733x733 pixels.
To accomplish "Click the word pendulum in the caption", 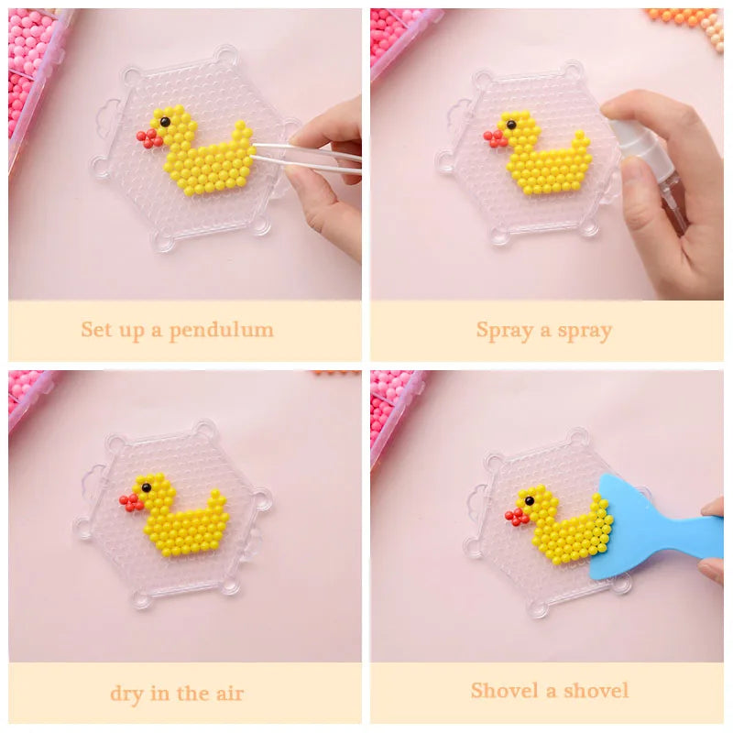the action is [x=221, y=331].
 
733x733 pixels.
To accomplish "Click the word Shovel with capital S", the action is [x=504, y=691].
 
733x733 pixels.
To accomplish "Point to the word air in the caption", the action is [x=230, y=694].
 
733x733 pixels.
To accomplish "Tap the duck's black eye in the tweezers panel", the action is [x=165, y=123].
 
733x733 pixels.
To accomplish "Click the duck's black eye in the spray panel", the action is [x=511, y=125].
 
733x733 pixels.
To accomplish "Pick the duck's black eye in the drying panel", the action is [x=147, y=487].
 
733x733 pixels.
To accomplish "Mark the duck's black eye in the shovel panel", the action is [x=530, y=500].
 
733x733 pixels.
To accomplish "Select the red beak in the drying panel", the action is [x=131, y=502].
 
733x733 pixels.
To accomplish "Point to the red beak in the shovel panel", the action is [x=516, y=517].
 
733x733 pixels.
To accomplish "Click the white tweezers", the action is [x=306, y=158].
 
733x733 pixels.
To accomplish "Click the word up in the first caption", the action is [x=132, y=331].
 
